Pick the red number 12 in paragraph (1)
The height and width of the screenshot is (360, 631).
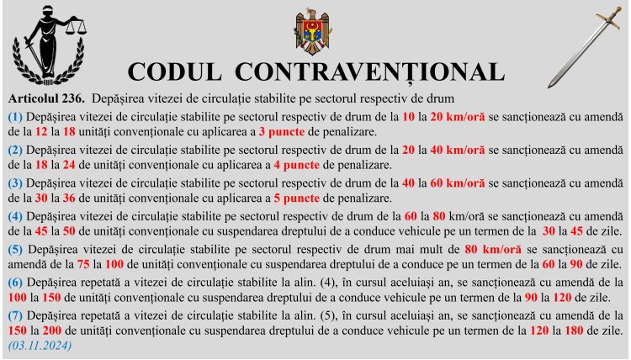pos(40,132)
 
